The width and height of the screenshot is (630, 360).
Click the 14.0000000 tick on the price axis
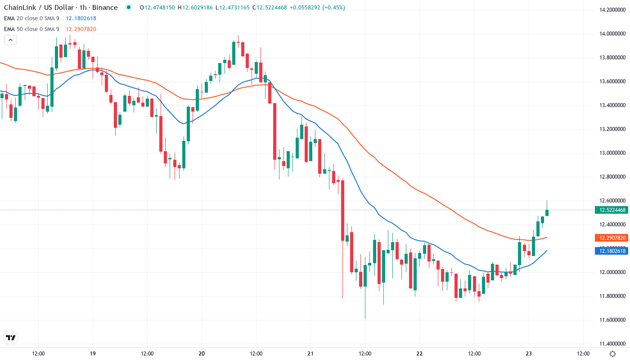tap(610, 34)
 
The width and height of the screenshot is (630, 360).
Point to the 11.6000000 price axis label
tap(610, 320)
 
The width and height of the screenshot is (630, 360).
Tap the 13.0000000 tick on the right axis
tap(610, 153)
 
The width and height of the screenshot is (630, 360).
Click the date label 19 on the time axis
tap(93, 354)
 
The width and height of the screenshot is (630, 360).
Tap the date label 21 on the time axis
tap(310, 354)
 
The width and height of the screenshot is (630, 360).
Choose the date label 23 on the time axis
tap(528, 354)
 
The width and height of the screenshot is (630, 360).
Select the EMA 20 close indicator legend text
tap(31, 18)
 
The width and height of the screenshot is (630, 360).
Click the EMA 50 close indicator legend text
tap(31, 29)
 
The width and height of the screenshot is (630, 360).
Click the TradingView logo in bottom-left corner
tap(11, 337)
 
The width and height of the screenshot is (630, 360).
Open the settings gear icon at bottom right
tap(612, 354)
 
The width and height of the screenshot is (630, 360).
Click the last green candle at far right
tap(547, 212)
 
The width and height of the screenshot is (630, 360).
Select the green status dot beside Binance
tap(129, 7)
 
